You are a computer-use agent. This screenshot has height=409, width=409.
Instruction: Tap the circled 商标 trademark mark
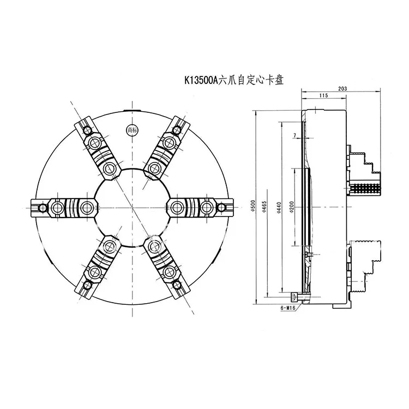pos(131,130)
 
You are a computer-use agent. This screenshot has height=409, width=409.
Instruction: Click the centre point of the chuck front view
pos(131,208)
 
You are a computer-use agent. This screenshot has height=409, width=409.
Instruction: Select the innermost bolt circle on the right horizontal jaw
pos(176,208)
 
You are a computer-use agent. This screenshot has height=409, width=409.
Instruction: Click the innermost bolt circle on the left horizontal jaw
pos(87,208)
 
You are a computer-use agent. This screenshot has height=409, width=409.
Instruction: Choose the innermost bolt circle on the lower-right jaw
pos(154,246)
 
